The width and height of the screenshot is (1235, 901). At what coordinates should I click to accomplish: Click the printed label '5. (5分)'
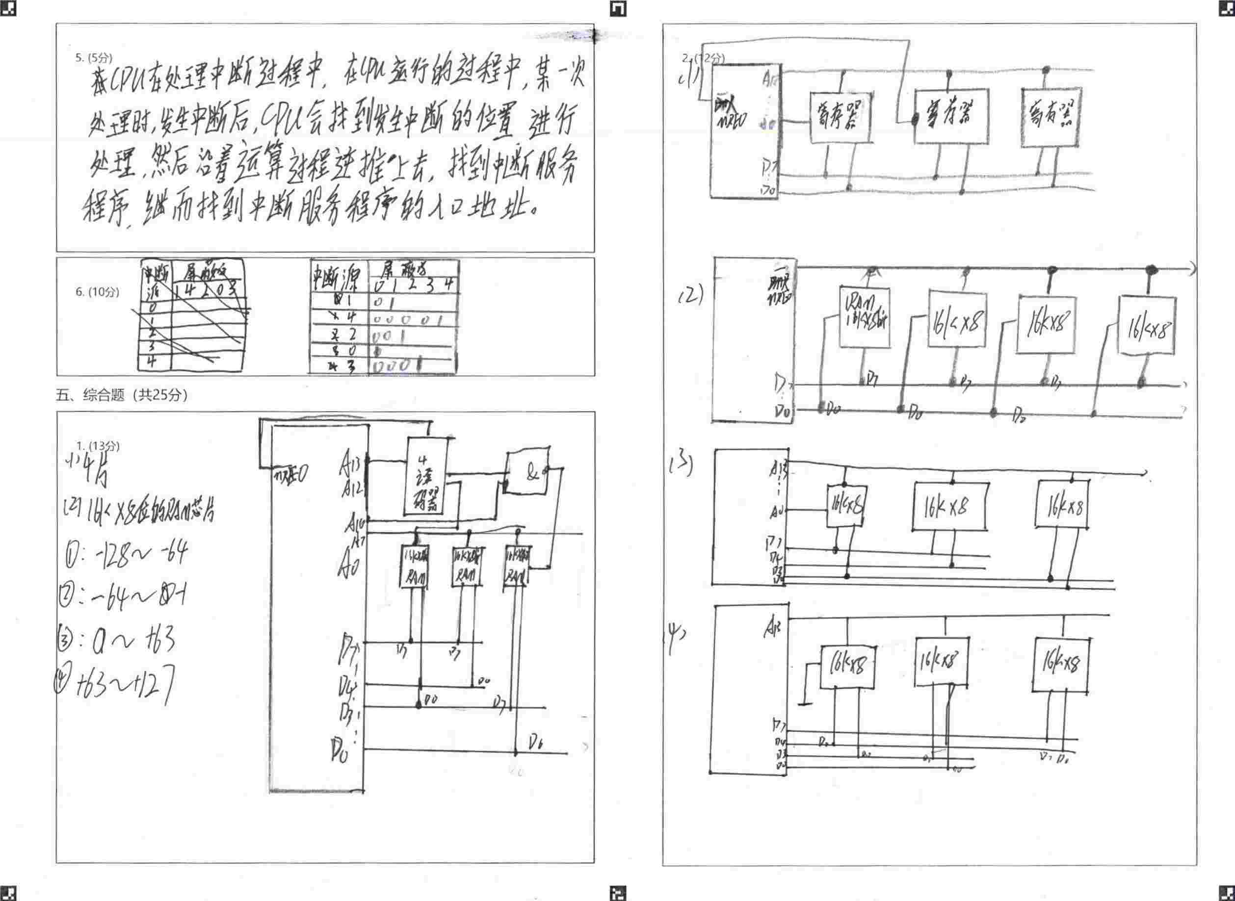point(93,58)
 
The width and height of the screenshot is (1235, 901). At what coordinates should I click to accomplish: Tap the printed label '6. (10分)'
point(97,292)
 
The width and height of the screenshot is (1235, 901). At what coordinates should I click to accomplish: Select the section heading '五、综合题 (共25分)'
point(122,395)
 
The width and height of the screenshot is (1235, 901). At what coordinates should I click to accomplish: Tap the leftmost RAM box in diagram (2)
point(864,317)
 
